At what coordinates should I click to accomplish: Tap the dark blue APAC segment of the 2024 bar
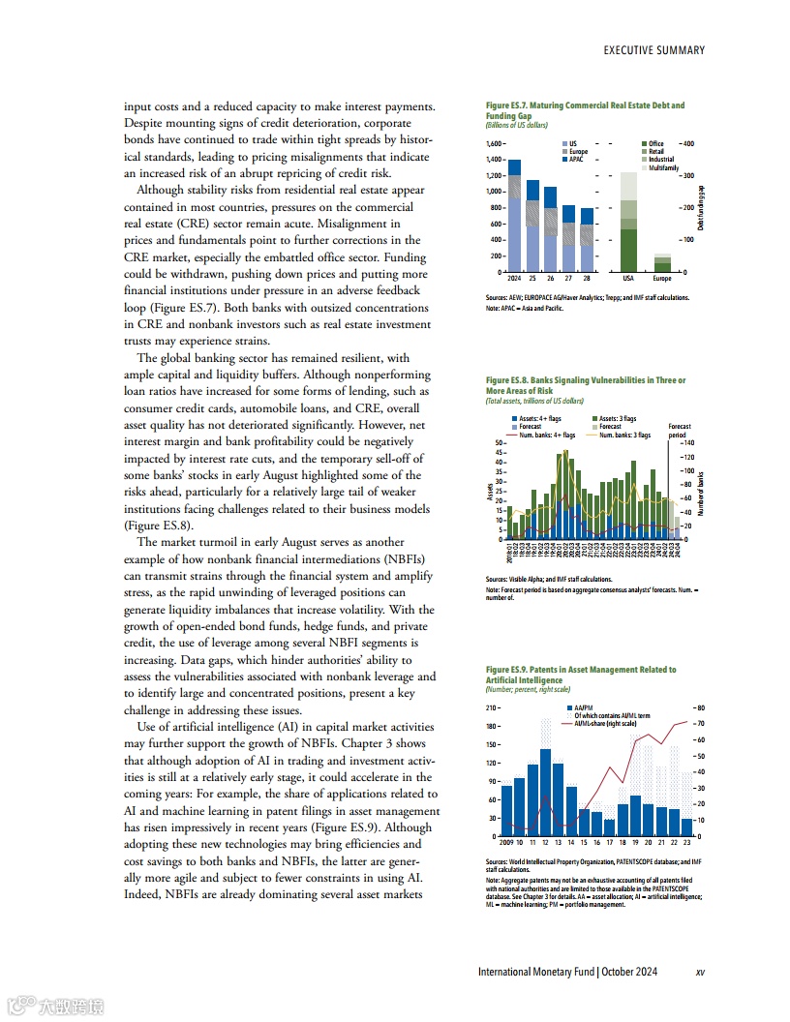[x=514, y=167]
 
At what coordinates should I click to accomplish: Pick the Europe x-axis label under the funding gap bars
[x=662, y=277]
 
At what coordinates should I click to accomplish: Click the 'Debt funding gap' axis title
[x=700, y=207]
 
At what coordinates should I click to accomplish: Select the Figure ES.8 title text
[x=585, y=385]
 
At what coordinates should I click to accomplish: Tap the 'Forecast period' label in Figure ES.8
[x=680, y=431]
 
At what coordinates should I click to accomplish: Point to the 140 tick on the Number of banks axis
[x=689, y=442]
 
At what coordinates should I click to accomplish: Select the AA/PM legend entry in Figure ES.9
[x=581, y=707]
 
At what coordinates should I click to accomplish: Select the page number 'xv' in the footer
[x=700, y=973]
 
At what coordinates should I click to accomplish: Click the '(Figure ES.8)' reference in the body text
[x=160, y=526]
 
